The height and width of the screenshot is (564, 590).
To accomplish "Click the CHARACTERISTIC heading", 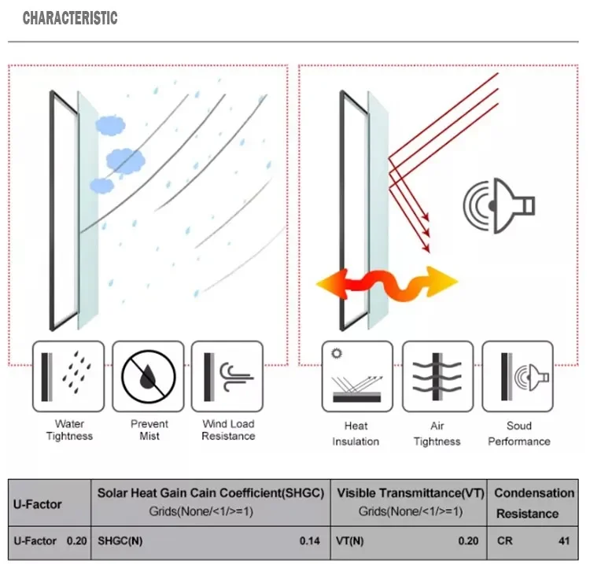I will pos(70,18).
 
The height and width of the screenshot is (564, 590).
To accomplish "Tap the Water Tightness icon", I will pos(68,377).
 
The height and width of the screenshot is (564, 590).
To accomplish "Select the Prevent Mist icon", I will pos(149,377).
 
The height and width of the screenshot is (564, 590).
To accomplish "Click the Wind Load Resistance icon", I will pos(228,377).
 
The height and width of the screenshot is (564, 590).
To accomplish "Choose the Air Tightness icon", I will pos(437,377).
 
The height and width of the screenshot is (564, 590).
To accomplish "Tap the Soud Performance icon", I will pos(518,377).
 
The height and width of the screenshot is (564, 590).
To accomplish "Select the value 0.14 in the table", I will pos(310,541).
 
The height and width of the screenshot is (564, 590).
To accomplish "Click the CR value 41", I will pos(563,541).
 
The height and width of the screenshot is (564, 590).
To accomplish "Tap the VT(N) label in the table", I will pos(351,541).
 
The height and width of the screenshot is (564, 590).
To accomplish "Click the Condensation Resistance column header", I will pos(533,503).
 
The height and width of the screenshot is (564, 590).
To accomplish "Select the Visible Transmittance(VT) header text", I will pos(409,493).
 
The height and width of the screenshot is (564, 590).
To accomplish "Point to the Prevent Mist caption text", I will pos(149,429).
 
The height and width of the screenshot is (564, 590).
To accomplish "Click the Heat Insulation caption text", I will pos(356,433).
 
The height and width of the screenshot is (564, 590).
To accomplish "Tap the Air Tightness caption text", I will pos(437,433).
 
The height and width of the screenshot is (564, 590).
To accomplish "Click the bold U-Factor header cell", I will pos(37,503).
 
